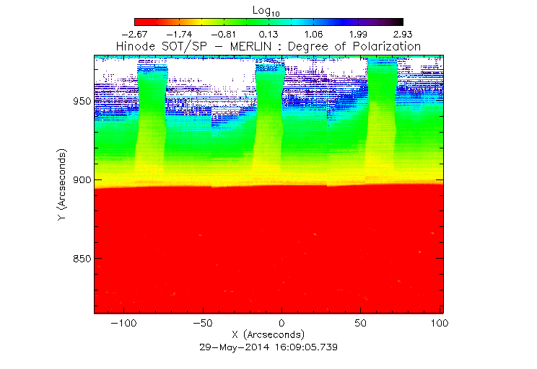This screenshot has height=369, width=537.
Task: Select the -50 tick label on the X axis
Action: (202, 324)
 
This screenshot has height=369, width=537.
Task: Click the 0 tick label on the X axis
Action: (281, 324)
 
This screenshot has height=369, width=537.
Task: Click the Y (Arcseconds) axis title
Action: (64, 185)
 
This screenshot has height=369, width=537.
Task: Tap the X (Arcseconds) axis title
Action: (268, 335)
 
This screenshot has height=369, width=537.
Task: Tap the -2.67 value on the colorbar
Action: (135, 34)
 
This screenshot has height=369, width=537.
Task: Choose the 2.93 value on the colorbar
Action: (402, 34)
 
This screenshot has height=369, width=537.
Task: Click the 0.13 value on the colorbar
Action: (268, 34)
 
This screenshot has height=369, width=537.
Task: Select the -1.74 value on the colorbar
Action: (179, 34)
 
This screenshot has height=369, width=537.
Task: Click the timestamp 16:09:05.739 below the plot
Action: (305, 347)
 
